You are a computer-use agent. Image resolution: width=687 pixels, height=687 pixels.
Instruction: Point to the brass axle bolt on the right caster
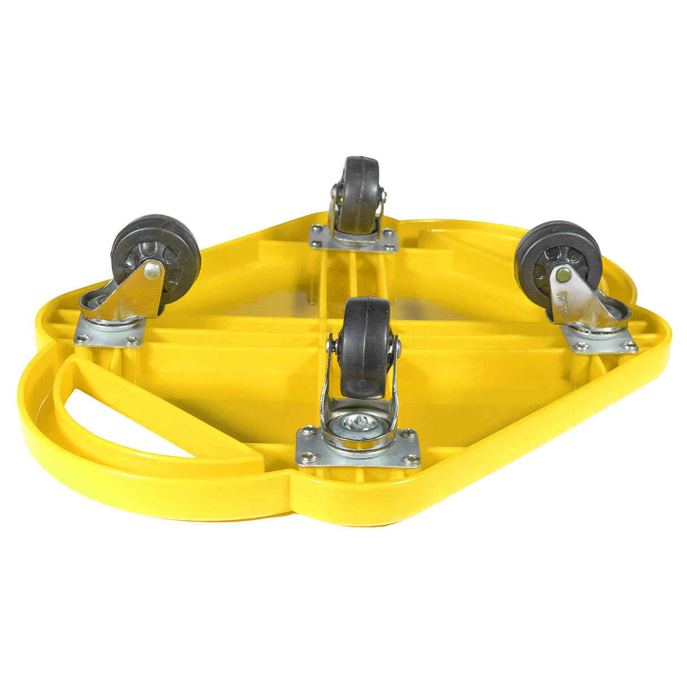click(x=563, y=275)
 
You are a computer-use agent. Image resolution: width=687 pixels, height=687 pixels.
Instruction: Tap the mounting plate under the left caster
click(x=108, y=334)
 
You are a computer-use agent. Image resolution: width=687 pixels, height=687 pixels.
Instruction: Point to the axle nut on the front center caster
click(x=398, y=347)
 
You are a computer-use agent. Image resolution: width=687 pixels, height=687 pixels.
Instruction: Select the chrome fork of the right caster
click(x=583, y=300)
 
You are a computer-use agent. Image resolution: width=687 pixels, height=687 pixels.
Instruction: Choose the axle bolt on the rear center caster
click(x=385, y=195)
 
